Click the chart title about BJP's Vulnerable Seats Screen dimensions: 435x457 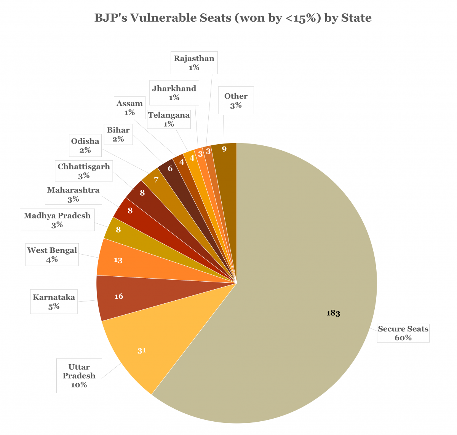(233, 18)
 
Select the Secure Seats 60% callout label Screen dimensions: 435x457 (403, 333)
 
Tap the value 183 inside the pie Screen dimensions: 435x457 (333, 313)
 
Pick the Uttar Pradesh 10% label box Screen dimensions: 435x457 (79, 376)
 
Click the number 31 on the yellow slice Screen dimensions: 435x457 (142, 351)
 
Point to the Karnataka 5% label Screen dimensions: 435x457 (54, 301)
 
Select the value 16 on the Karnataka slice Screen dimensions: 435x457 (119, 296)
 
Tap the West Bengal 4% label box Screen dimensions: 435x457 (52, 255)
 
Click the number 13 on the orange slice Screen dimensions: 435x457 (118, 260)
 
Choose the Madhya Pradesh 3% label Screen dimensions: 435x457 (57, 220)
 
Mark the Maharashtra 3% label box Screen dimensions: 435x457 (73, 194)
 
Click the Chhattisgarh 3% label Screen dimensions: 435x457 (84, 170)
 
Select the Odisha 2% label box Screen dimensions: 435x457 (85, 145)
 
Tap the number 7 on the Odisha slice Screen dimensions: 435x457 (156, 180)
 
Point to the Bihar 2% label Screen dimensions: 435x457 (118, 134)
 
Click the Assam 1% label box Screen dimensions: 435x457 (129, 108)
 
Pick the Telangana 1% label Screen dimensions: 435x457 (169, 119)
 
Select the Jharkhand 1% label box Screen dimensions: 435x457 (174, 93)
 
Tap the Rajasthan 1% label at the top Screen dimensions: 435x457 (194, 63)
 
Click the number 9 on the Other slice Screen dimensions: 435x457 (224, 149)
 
